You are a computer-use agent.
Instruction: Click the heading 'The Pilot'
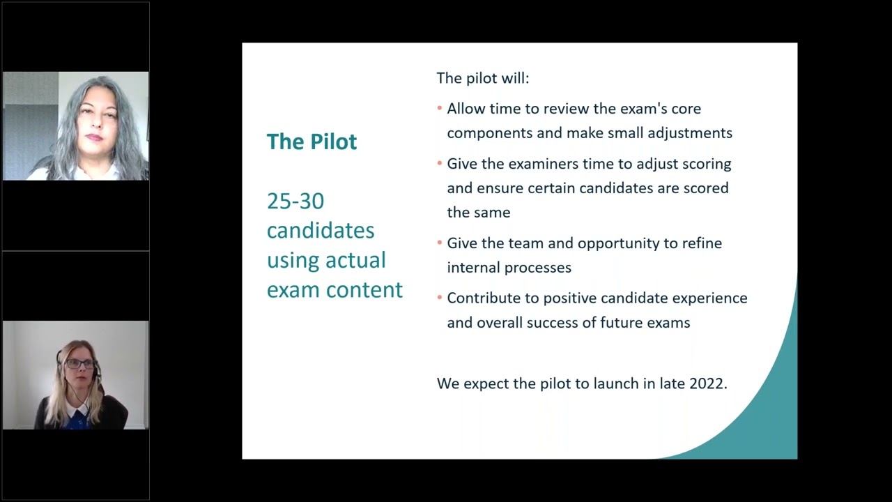(x=312, y=142)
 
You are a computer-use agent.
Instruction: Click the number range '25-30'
(x=295, y=201)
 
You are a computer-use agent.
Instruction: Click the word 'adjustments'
(x=690, y=132)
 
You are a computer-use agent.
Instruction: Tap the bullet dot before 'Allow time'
(x=440, y=109)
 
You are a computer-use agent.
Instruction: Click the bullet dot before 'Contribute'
(x=440, y=298)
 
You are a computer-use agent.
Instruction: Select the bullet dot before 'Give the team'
(x=440, y=243)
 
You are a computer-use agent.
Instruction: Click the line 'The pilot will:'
(x=483, y=78)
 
